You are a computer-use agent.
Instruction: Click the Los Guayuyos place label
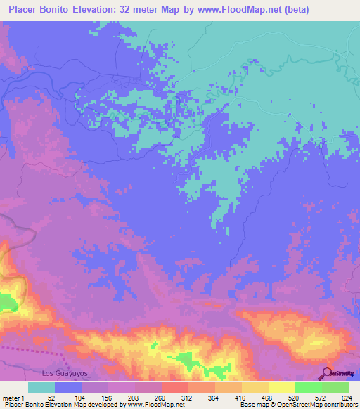tap(65, 373)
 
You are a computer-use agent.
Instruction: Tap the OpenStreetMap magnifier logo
tap(326, 372)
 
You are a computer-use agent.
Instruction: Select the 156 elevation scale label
tap(108, 397)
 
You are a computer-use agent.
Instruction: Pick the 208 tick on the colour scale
tap(134, 397)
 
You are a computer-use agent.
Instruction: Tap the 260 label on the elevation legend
tap(161, 397)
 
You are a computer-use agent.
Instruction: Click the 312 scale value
tap(188, 397)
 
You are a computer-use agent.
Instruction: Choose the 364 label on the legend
tap(214, 397)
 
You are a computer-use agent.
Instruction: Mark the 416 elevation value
tap(241, 397)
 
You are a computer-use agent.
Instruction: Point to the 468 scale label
tap(268, 397)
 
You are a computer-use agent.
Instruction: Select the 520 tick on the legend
tap(295, 397)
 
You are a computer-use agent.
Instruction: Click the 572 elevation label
tap(321, 397)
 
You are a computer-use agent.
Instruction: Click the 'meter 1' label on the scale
tap(15, 397)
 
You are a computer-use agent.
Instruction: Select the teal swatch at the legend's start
tap(41, 387)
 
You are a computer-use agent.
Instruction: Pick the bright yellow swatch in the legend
tap(281, 387)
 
